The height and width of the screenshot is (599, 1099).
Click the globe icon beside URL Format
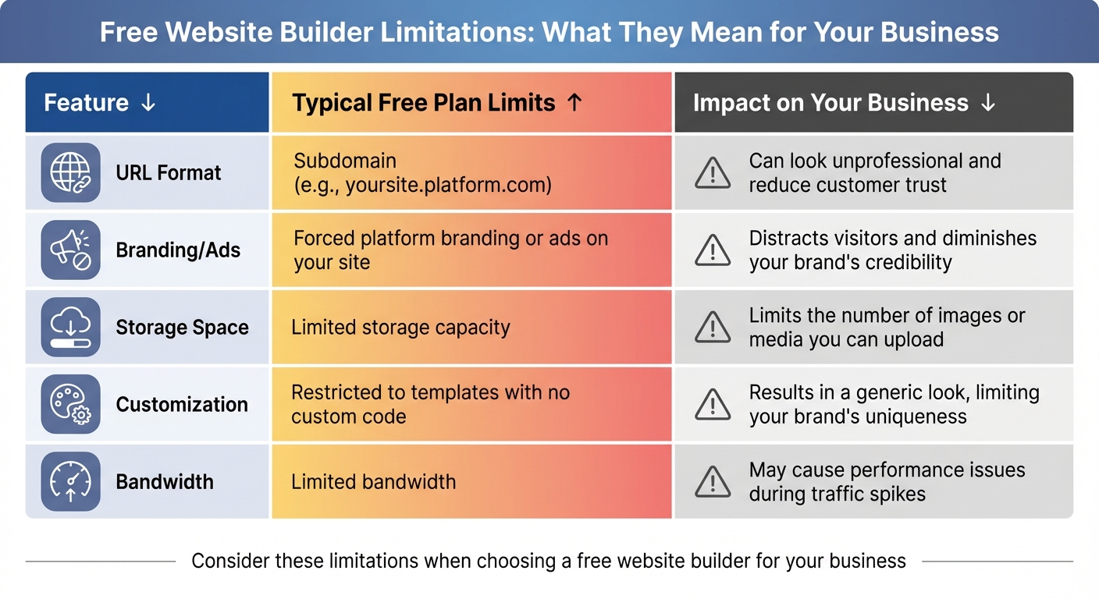tap(70, 172)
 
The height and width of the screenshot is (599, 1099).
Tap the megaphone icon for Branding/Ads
tap(70, 250)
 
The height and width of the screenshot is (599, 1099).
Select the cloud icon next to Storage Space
tap(70, 327)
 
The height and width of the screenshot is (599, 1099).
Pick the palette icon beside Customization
tap(70, 404)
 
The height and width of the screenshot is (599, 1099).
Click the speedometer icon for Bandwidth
tap(70, 481)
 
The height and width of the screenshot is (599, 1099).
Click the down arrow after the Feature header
tap(148, 103)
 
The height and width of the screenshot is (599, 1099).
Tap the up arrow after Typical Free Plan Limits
tap(574, 103)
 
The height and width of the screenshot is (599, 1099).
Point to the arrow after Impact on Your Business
tap(987, 103)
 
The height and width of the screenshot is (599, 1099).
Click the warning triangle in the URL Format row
tap(712, 173)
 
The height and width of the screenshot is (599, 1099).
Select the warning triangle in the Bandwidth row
tap(712, 482)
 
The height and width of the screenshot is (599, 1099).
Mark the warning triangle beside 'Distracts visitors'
tap(712, 250)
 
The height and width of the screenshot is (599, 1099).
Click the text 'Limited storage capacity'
tap(400, 327)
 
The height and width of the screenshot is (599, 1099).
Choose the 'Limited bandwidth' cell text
tap(373, 481)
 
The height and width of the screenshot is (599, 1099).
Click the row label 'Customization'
tap(182, 404)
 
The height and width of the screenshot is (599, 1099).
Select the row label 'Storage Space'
tap(182, 327)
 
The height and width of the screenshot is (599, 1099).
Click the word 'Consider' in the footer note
tap(227, 561)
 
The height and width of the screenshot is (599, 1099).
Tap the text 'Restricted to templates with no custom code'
tap(430, 404)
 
